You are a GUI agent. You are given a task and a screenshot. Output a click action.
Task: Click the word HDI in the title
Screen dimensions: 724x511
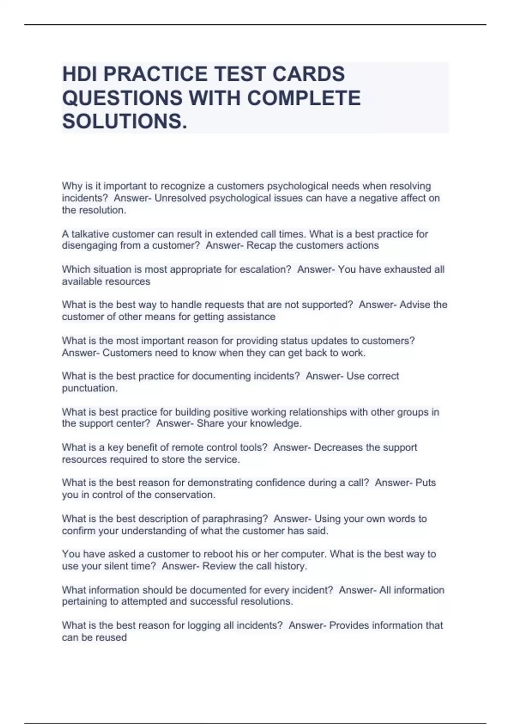tap(80, 74)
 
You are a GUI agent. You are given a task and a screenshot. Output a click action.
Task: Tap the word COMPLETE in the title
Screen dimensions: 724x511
tap(304, 98)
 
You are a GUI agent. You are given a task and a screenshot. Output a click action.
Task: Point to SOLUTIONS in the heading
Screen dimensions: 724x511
tap(124, 122)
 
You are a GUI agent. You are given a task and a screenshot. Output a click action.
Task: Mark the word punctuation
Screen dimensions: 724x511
tap(89, 388)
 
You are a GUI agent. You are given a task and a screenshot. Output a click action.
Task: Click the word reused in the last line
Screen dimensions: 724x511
tap(112, 638)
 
